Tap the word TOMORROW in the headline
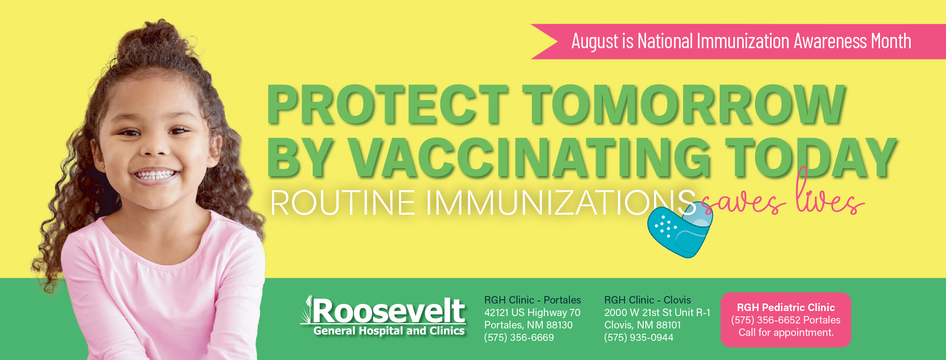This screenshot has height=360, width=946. [684, 104]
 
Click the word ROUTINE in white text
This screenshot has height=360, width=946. [343, 203]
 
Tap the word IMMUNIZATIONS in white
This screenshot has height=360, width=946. [561, 203]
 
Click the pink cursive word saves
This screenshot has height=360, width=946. [743, 203]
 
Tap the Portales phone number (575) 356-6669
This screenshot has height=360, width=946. [519, 338]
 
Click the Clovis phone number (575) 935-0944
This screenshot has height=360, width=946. [639, 338]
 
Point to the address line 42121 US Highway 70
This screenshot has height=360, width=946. [532, 313]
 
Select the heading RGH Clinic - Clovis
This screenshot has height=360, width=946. [647, 300]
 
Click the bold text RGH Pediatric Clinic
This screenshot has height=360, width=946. [786, 307]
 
